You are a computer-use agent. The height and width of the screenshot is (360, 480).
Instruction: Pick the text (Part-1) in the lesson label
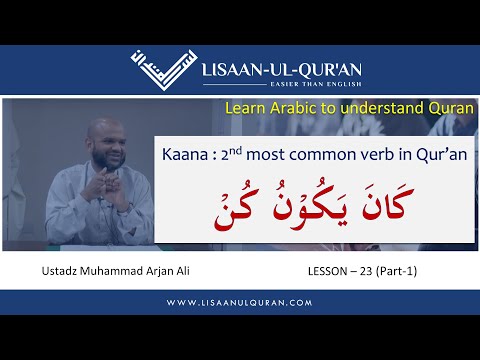click(x=403, y=270)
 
